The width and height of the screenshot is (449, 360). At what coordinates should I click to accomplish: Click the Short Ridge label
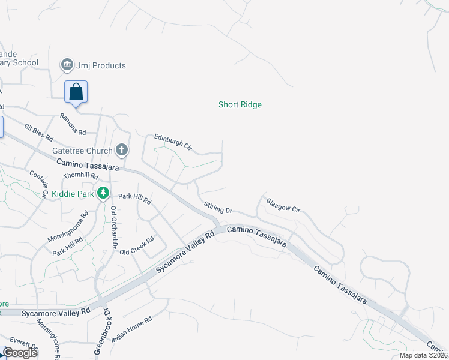pos(240,104)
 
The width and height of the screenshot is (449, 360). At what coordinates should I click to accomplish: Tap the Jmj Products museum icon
pos(67,64)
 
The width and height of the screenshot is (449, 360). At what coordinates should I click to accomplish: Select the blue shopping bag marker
pos(76,92)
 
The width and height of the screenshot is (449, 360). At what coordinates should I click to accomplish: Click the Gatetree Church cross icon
pos(122,149)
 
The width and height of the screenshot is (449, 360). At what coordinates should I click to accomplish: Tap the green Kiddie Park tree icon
pos(104,193)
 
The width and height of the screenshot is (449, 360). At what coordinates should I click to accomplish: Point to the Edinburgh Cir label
pos(173,141)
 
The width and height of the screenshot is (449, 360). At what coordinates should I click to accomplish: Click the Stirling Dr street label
pos(218,208)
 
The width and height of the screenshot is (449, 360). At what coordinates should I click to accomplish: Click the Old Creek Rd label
pos(137,245)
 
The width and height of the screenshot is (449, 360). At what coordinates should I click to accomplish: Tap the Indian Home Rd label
pos(131,328)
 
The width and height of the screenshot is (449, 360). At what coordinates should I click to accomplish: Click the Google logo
pos(20,353)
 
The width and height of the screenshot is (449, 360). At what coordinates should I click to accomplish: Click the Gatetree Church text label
pos(82,151)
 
